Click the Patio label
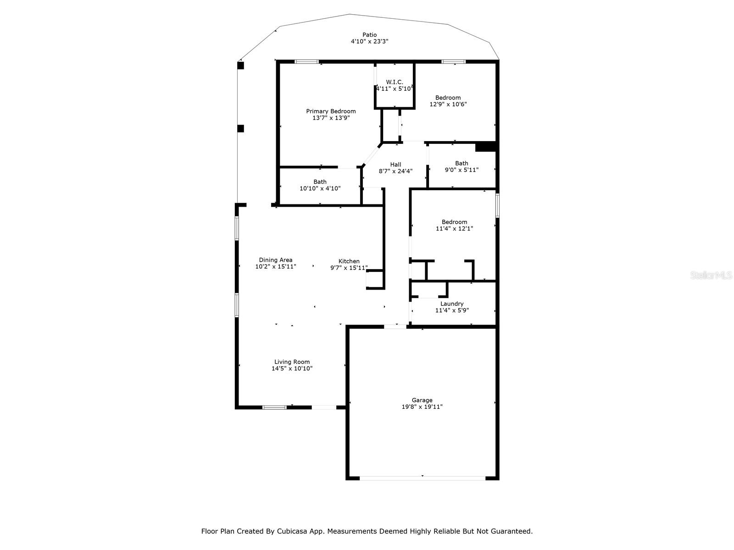pos(369,35)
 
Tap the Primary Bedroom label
pos(331,111)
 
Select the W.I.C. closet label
pos(394,82)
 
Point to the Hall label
pos(395,164)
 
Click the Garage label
pos(422,400)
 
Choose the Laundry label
pos(451,303)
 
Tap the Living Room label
pos(292,362)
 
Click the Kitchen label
pos(349,261)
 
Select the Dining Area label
pos(276,260)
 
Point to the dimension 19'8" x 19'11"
pos(422,407)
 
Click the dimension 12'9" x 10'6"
pos(448,104)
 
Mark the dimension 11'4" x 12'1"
pos(454,228)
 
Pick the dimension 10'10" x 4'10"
pos(320,188)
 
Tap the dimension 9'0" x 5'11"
pos(461,170)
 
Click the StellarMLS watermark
pos(711,275)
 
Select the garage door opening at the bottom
pos(422,478)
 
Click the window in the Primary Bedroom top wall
pos(306,61)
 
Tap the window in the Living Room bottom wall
pos(274,407)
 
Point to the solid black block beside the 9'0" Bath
pos(485,147)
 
